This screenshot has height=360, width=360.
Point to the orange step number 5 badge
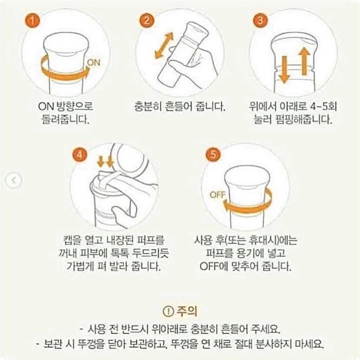(213, 154)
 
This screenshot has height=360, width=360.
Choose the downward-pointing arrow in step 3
(284, 71)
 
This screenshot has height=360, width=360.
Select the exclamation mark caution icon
(168, 311)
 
